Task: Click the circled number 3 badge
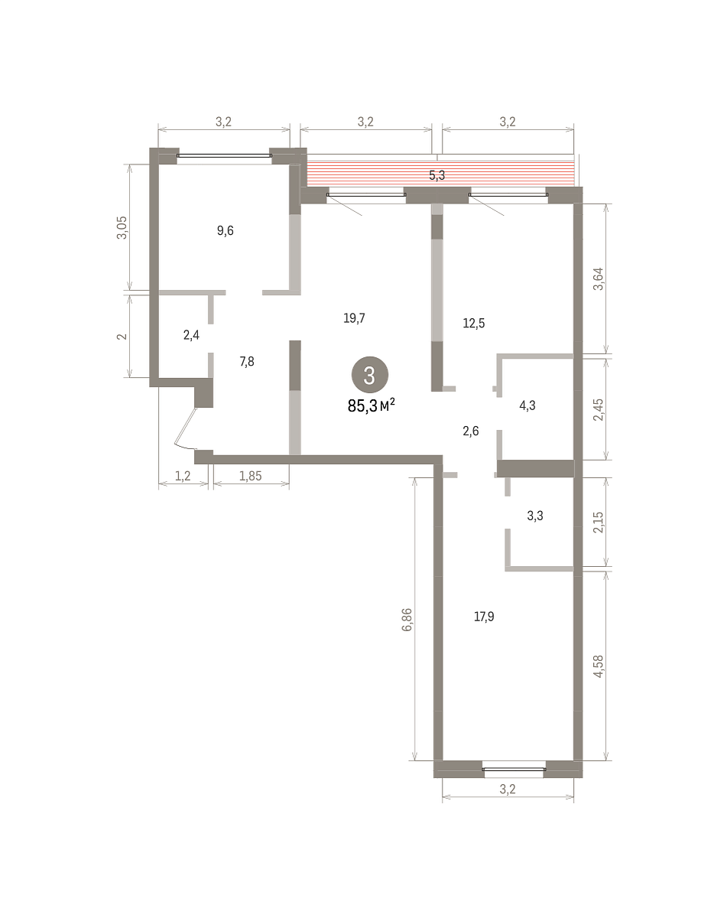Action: (x=370, y=375)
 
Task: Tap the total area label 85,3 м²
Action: (x=372, y=405)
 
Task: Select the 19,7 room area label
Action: (x=355, y=318)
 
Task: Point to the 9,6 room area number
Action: (x=226, y=231)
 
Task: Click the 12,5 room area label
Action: (x=474, y=324)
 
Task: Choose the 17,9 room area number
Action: (x=484, y=617)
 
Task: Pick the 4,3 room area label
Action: (x=527, y=405)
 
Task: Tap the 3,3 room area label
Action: (x=535, y=516)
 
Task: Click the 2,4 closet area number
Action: (x=191, y=335)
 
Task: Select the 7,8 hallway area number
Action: (x=247, y=362)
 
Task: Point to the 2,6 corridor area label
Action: (x=471, y=431)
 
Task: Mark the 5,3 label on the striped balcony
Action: (x=437, y=175)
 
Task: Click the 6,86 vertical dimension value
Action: (x=407, y=620)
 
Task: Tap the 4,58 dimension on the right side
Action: (x=599, y=666)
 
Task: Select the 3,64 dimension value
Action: (x=599, y=279)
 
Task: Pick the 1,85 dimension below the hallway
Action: (x=250, y=476)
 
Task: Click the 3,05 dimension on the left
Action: (x=122, y=228)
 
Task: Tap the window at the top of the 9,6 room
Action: (x=224, y=156)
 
